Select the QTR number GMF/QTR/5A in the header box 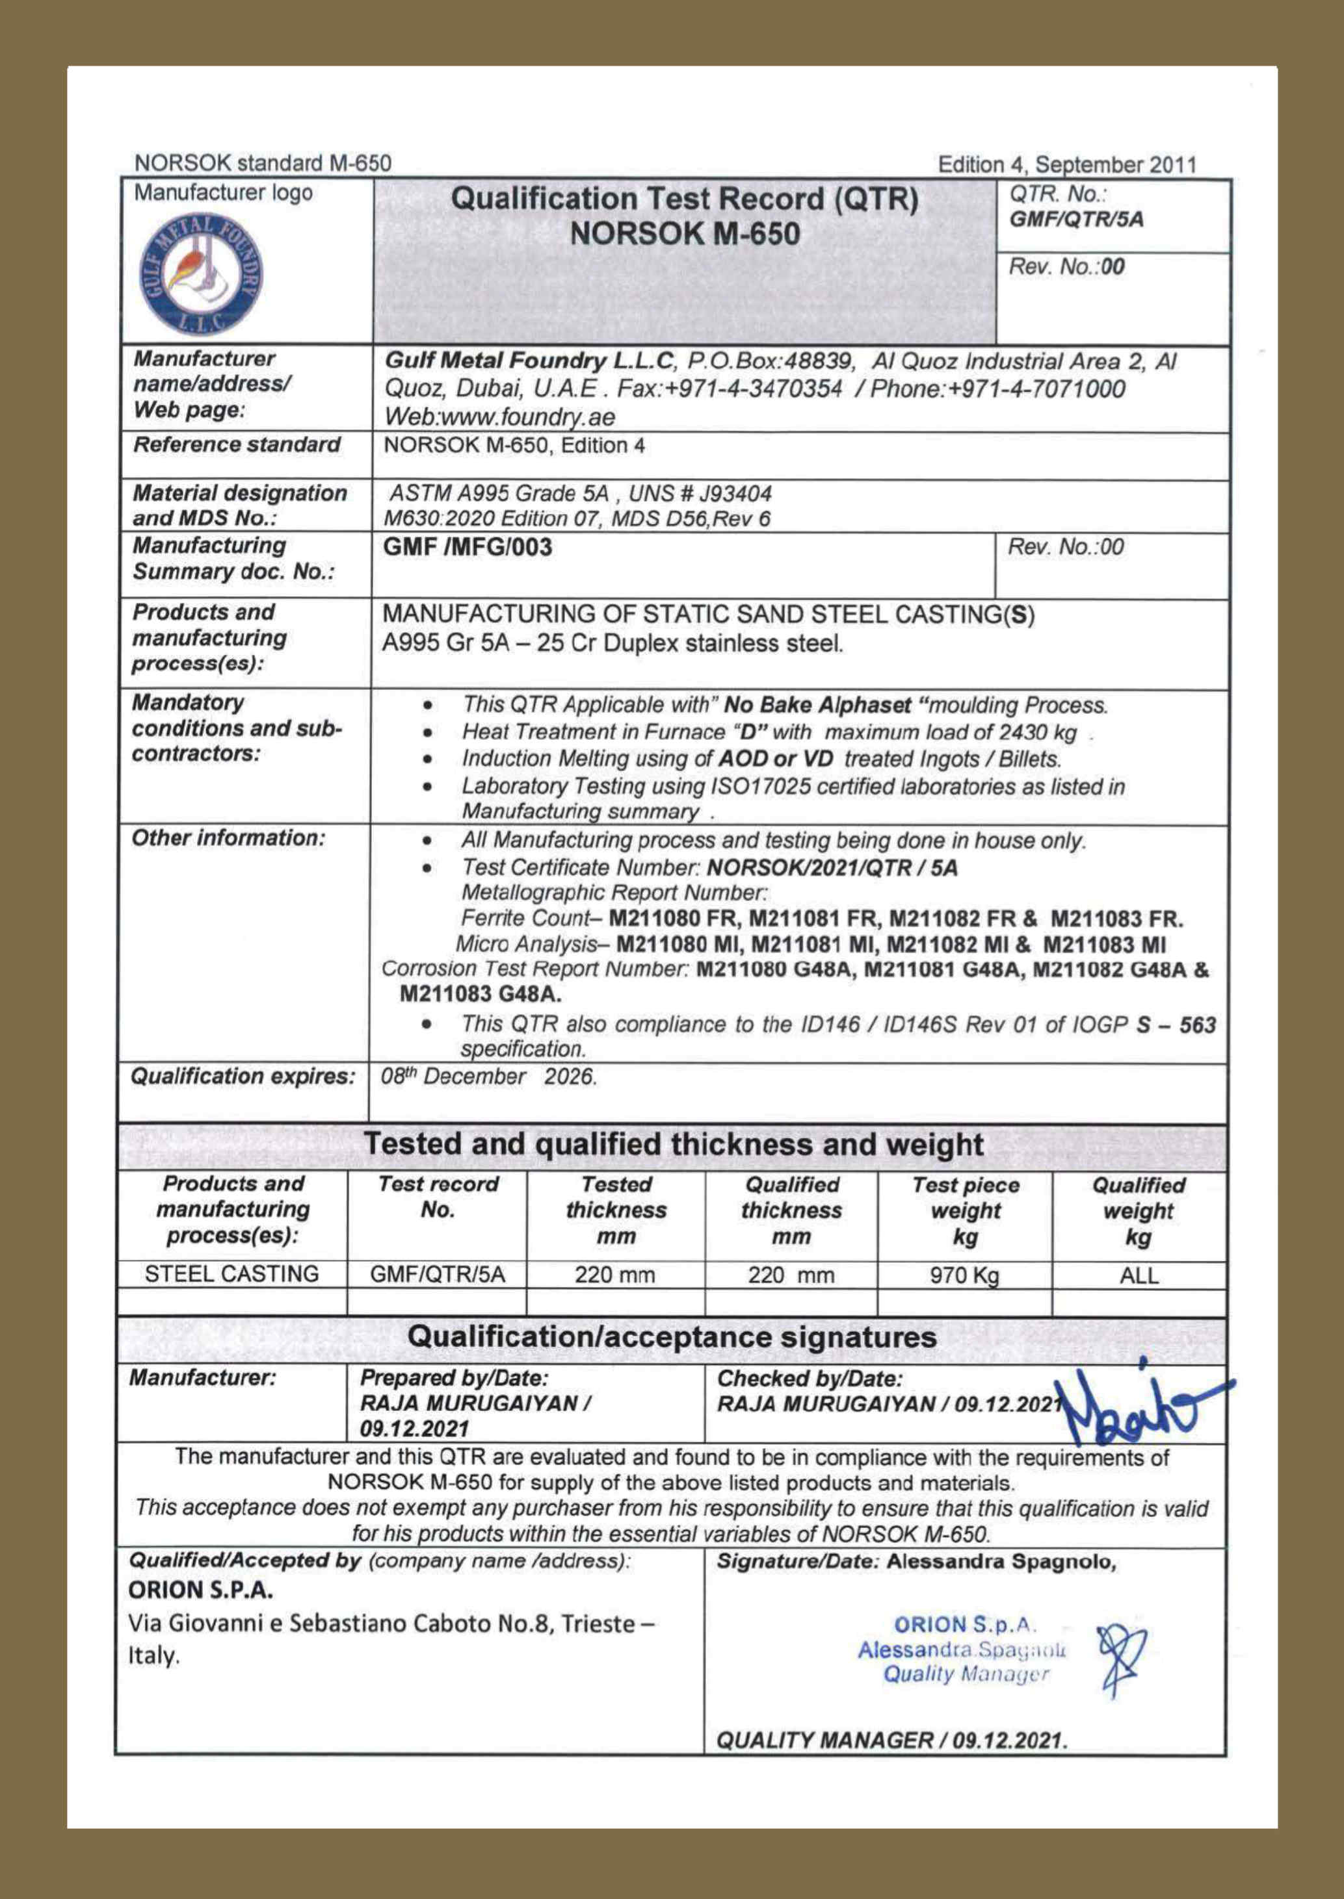coord(1076,220)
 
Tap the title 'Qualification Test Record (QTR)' coord(685,199)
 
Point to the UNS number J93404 coord(736,494)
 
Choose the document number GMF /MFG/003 coord(468,548)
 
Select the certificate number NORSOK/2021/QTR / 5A coord(832,867)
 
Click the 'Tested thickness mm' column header coord(616,1210)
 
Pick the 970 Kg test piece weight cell coord(964,1275)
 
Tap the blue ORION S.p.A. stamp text coord(965,1624)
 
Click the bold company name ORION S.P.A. coord(201,1590)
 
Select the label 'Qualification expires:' coord(243,1076)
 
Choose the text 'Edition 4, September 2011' coord(1067,164)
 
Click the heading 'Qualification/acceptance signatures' coord(672,1338)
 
